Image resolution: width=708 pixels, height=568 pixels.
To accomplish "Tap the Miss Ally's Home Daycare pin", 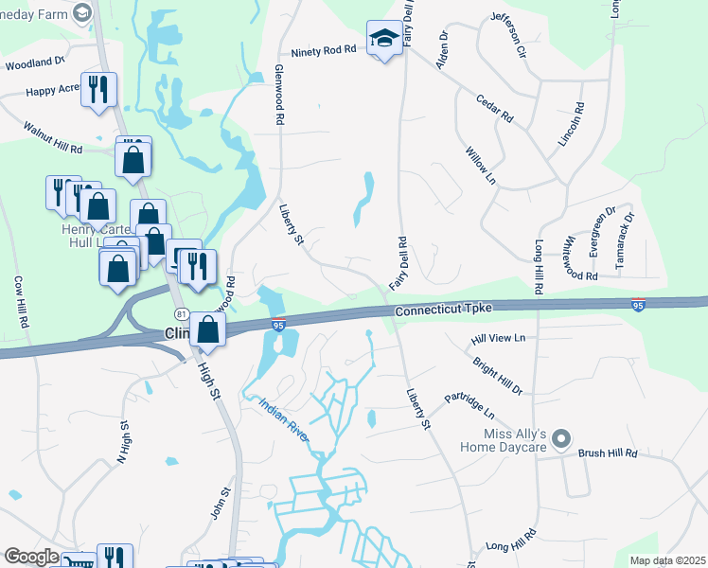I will point(562,438).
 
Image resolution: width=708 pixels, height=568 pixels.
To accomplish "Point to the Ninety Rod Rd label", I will point(323,51).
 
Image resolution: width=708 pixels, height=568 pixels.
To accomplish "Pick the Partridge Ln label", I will point(469,406).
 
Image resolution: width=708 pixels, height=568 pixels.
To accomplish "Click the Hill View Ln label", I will point(498,338).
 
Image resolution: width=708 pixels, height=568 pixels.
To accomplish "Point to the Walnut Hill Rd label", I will point(53,137).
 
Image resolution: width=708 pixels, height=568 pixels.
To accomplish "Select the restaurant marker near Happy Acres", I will point(98,90).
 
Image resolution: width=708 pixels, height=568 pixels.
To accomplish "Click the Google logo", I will point(32,557).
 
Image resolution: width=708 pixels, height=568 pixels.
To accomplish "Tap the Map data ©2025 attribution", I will point(666,560).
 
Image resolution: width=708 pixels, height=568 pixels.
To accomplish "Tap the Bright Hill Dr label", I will point(496,375).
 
